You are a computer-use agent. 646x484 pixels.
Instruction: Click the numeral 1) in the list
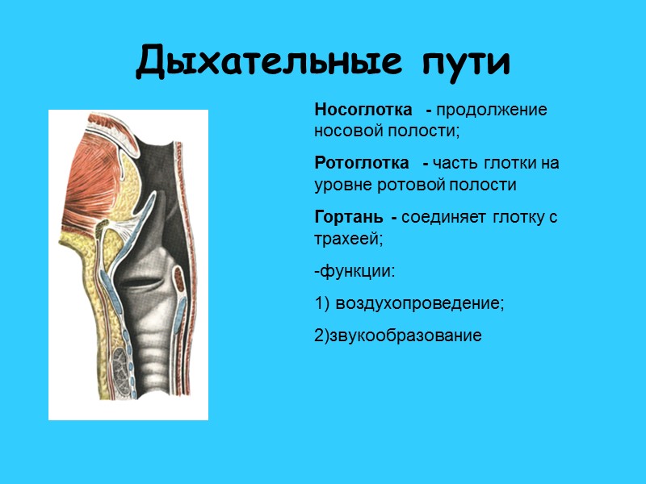click(323, 303)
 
